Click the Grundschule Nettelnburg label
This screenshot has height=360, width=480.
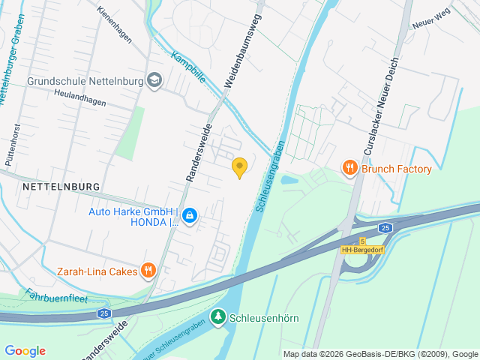84,80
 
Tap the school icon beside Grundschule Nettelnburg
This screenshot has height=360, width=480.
154,80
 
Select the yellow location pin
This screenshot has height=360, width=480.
239,168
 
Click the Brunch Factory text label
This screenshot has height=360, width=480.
397,169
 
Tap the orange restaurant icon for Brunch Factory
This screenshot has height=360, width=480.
349,169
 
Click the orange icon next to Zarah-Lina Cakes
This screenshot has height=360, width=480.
149,271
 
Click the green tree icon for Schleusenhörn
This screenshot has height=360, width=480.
218,318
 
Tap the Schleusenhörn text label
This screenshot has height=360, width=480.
265,318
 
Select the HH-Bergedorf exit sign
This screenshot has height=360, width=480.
362,249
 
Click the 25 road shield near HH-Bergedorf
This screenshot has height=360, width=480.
385,227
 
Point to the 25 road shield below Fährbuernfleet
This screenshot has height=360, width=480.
103,313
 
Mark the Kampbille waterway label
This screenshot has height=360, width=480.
187,66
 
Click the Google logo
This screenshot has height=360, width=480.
25,350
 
